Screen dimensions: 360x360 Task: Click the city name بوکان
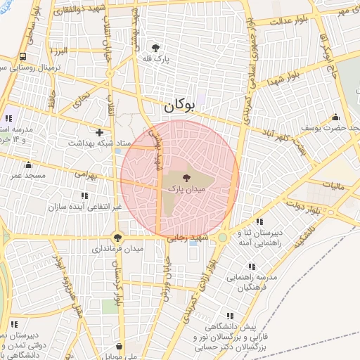point(178,107)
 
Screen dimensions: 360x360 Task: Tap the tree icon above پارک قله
point(155,47)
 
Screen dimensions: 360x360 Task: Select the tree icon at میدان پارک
point(186,179)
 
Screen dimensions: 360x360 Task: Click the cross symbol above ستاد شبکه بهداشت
point(99,131)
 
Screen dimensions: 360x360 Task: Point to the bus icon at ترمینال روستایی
point(23,57)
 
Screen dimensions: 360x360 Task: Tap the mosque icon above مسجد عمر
point(28,165)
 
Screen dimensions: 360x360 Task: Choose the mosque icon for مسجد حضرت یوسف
point(335,117)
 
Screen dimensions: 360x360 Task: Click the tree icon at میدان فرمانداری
point(117,238)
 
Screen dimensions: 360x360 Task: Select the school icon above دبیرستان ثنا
point(259,222)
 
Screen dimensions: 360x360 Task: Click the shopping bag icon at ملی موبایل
point(120,347)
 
